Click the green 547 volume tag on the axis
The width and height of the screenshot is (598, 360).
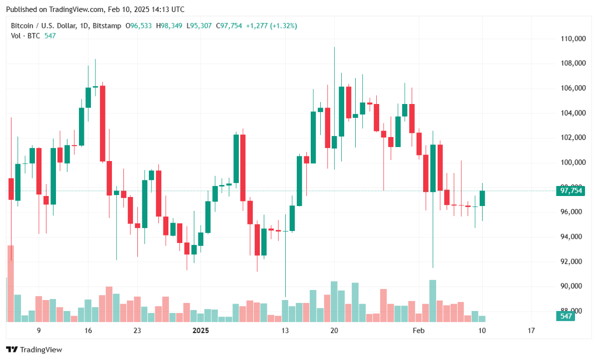pos(566,316)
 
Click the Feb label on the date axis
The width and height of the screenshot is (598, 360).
pos(418,330)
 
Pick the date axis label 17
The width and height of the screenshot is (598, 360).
pos(531,330)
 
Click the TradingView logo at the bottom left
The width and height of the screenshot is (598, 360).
pos(34,349)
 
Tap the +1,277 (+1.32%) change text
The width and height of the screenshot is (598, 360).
pos(272,25)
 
